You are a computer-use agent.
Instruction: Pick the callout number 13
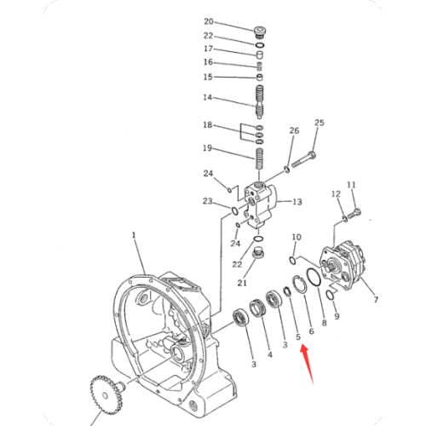(x=297, y=202)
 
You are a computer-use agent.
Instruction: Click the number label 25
(x=319, y=124)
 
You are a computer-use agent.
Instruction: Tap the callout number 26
(x=295, y=130)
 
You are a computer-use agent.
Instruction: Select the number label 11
(x=351, y=184)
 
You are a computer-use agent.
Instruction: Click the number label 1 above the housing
(x=133, y=233)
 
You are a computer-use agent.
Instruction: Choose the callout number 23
(x=208, y=202)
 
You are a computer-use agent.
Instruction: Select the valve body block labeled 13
(x=262, y=204)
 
